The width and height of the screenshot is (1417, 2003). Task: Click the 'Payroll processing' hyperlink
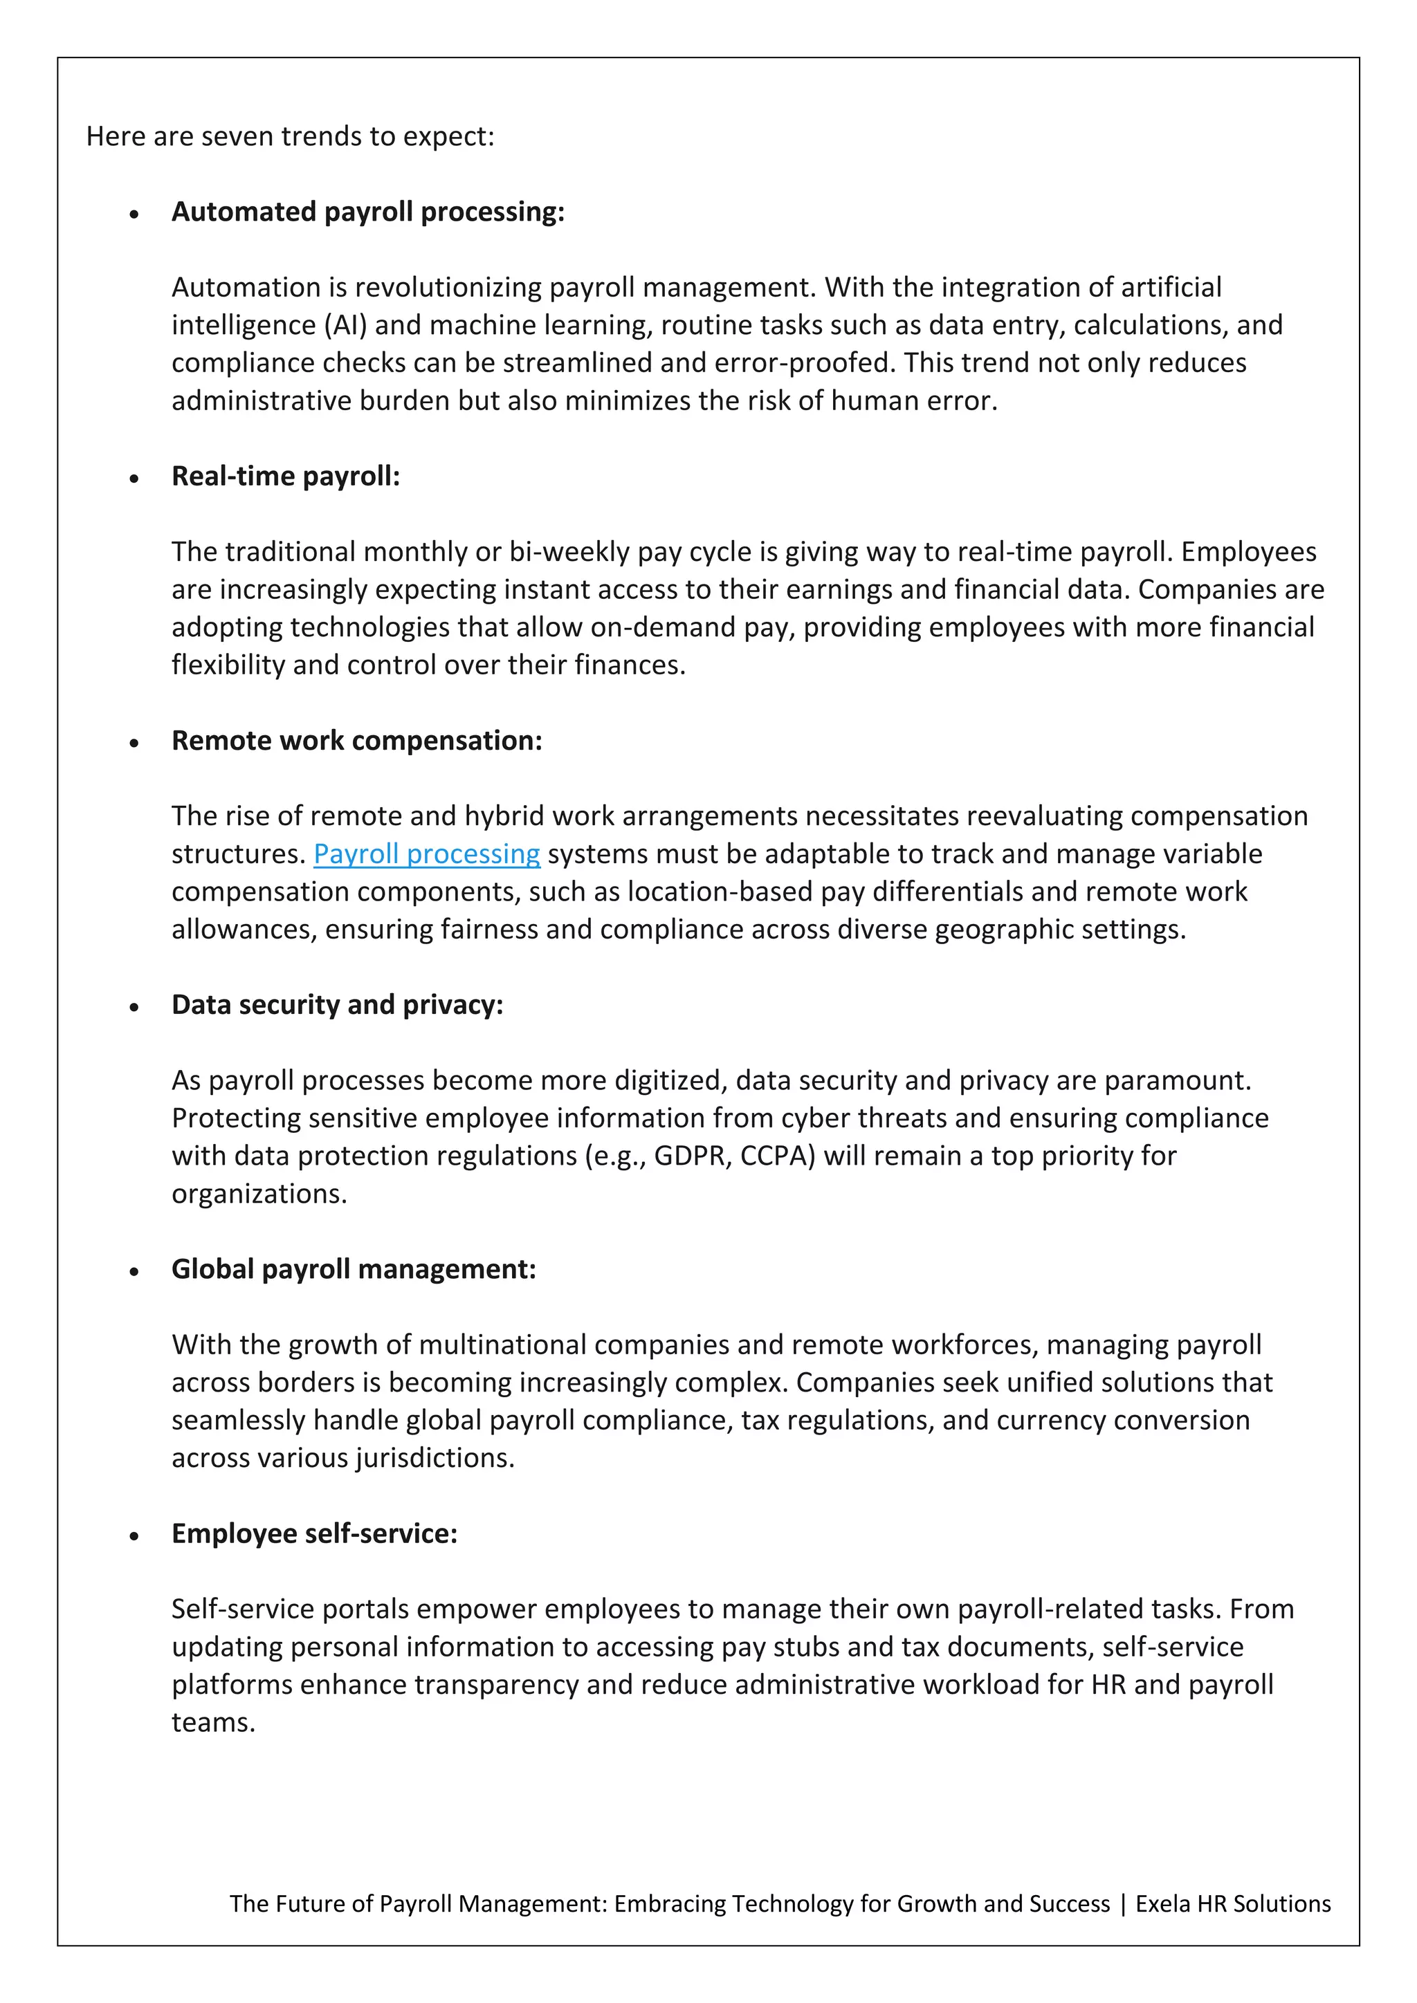coord(427,854)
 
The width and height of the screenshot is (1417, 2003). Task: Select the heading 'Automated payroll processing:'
coord(367,212)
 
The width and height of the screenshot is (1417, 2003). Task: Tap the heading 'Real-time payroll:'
coord(285,477)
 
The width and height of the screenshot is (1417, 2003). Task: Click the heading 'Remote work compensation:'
coord(356,741)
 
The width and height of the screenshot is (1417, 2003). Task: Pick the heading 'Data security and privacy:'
coord(337,1005)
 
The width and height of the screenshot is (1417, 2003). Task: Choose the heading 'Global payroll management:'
coord(354,1269)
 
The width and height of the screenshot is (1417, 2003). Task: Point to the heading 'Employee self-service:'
coord(314,1533)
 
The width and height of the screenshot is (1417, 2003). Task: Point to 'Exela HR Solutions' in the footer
coord(1232,1903)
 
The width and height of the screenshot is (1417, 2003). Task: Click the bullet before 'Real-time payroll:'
coord(134,478)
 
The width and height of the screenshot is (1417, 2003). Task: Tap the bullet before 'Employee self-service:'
coord(134,1535)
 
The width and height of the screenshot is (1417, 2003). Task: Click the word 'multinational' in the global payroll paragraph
coord(500,1345)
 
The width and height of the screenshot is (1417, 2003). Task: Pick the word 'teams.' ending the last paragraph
coord(213,1723)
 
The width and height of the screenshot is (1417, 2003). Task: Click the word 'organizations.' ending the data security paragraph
coord(259,1194)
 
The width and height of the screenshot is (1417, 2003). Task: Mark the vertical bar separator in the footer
coord(1123,1903)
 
